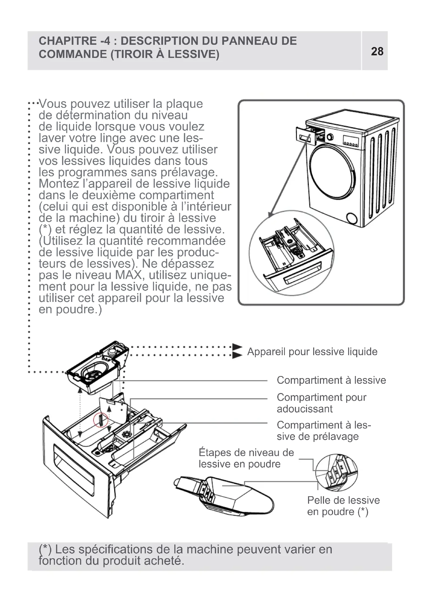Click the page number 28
(377, 51)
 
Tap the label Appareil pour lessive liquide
(312, 352)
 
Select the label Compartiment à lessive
(331, 380)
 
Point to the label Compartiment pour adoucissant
(321, 403)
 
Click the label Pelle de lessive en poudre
(343, 506)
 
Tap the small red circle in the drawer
(101, 420)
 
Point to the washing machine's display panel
(351, 141)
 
